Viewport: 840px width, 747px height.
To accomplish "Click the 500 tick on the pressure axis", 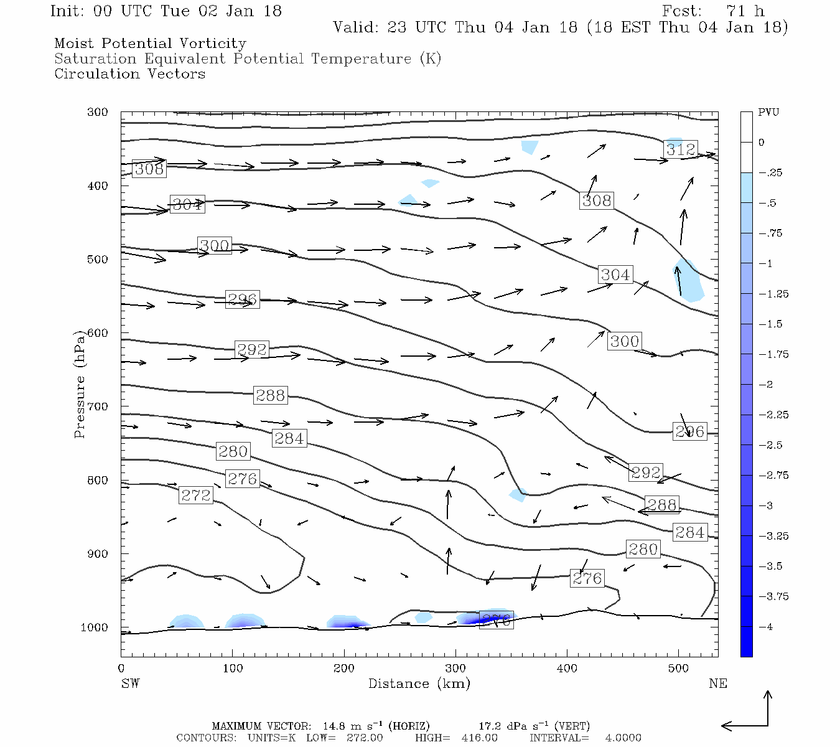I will (x=98, y=260).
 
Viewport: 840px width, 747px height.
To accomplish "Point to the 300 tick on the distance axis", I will (x=455, y=669).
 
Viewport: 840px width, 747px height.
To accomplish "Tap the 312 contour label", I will (x=680, y=149).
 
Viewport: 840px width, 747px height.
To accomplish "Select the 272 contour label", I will (x=196, y=496).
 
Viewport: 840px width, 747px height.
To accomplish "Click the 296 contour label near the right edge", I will (x=689, y=431).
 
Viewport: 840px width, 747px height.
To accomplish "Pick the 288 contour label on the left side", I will (x=270, y=395).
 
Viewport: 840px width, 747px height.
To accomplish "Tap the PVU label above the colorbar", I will (x=768, y=113).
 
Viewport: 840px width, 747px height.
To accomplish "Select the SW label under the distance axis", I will (x=130, y=684).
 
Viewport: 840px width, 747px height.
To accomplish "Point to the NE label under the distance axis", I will (x=717, y=684).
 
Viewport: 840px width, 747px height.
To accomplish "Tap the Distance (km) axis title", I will (x=419, y=684).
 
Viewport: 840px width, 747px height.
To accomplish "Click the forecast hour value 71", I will (x=735, y=11).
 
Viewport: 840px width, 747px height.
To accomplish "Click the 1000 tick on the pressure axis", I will (x=94, y=627).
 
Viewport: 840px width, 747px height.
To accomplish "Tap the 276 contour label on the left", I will (x=242, y=479).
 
